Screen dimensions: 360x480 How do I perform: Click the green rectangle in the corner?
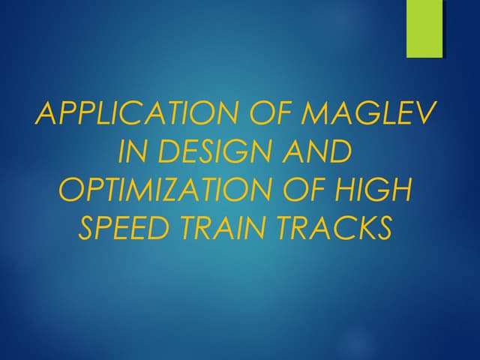pyautogui.click(x=424, y=28)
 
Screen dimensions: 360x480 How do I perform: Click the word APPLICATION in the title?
pyautogui.click(x=133, y=113)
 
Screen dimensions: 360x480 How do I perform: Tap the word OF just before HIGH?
pyautogui.click(x=319, y=190)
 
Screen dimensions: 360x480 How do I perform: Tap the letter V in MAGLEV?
pyautogui.click(x=425, y=113)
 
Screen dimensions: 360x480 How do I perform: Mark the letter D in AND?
pyautogui.click(x=338, y=152)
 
